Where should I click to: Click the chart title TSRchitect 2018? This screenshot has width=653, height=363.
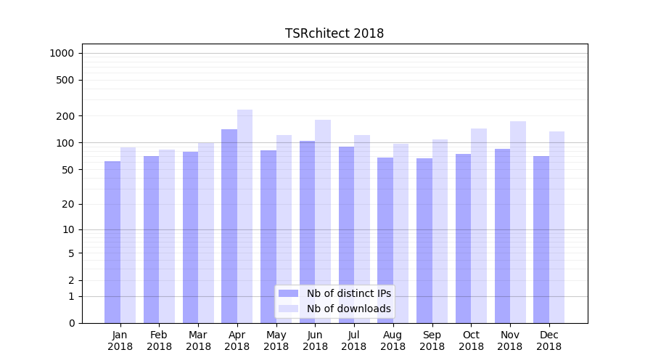coord(334,33)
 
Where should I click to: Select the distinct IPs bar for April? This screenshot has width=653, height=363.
coord(229,225)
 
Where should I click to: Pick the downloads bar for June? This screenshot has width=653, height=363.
coord(323,221)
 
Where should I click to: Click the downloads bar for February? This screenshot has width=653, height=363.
coord(167,236)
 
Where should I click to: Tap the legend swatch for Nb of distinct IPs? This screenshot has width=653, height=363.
coord(288,293)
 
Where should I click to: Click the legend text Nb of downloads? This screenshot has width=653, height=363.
coord(348,309)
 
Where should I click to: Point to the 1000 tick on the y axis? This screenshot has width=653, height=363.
coord(62,53)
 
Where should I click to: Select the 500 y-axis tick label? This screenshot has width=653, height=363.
coord(65,80)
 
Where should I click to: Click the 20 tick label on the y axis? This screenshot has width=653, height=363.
coord(67,204)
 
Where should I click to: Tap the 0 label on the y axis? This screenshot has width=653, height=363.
coord(71,323)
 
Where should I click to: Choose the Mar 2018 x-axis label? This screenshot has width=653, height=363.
coord(198,340)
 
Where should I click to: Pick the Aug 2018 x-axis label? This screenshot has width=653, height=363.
coord(393,340)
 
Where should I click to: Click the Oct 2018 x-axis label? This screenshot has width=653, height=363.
coord(471,340)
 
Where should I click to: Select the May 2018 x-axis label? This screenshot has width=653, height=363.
coord(276,340)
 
